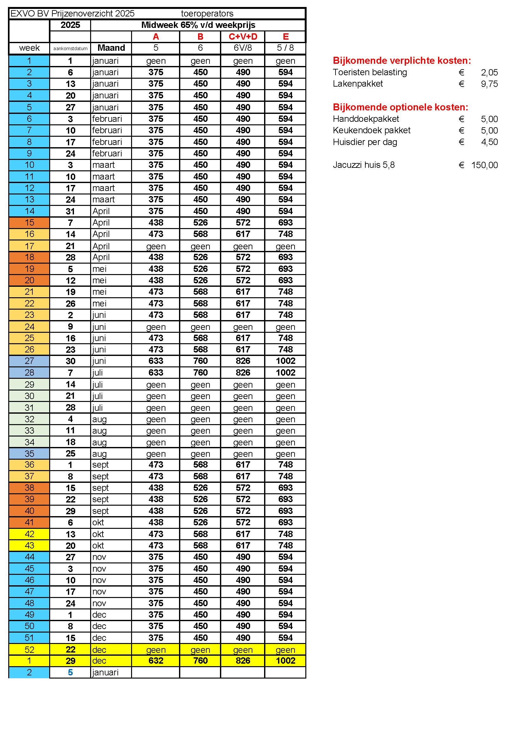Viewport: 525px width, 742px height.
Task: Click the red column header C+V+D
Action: coord(243,37)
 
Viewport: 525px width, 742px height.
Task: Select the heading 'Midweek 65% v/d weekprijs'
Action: coord(198,25)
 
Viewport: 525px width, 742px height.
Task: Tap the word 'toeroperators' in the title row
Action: coord(207,14)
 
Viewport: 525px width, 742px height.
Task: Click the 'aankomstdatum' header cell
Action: coord(70,49)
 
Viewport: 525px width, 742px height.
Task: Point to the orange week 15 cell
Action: coord(29,223)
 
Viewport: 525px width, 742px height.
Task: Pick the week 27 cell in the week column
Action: coord(29,361)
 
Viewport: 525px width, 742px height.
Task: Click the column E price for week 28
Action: coord(285,373)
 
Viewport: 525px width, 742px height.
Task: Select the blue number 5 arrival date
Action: coord(70,672)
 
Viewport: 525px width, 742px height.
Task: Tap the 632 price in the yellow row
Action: coord(156,660)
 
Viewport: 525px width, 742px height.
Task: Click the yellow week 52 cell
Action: coord(29,650)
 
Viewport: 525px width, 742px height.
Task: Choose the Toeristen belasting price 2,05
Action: coord(489,72)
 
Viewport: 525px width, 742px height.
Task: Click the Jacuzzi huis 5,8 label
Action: coord(364,165)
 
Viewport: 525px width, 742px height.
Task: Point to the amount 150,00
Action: coord(484,165)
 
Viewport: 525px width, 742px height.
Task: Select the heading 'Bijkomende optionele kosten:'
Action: coord(400,107)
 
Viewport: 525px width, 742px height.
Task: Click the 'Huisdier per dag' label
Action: coord(365,142)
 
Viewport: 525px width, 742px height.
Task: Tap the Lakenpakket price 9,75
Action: coord(489,84)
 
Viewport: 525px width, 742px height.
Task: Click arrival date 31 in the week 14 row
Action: coord(70,211)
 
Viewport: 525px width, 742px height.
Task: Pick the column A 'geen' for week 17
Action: coord(156,246)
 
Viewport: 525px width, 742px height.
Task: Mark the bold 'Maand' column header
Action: coord(111,48)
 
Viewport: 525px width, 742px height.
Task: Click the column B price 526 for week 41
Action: coord(200,522)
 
